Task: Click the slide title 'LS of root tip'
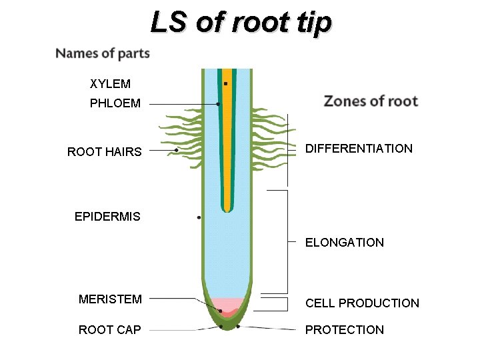pyautogui.click(x=241, y=21)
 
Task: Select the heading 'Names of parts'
pyautogui.click(x=103, y=53)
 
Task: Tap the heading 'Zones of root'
pyautogui.click(x=371, y=101)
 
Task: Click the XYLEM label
pyautogui.click(x=110, y=84)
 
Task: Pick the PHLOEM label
pyautogui.click(x=115, y=103)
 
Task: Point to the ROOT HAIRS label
pyautogui.click(x=105, y=151)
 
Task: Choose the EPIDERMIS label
pyautogui.click(x=107, y=217)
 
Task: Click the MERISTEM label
pyautogui.click(x=110, y=299)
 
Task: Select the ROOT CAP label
pyautogui.click(x=109, y=329)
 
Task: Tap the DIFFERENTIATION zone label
pyautogui.click(x=359, y=149)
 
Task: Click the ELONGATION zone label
pyautogui.click(x=345, y=243)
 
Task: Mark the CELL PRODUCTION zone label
pyautogui.click(x=362, y=303)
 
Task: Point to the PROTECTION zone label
pyautogui.click(x=345, y=329)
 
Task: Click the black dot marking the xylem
pyautogui.click(x=226, y=83)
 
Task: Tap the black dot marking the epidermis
pyautogui.click(x=199, y=218)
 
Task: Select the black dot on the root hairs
pyautogui.click(x=176, y=150)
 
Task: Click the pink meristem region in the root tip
pyautogui.click(x=228, y=303)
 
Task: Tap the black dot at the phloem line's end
pyautogui.click(x=218, y=104)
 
